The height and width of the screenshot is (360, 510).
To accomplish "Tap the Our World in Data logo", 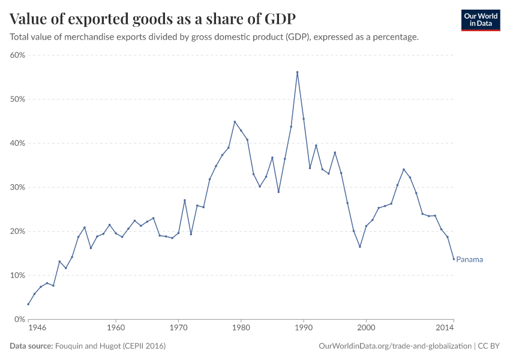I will coord(481,20).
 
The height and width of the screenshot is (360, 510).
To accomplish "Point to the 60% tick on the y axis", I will coord(17,55).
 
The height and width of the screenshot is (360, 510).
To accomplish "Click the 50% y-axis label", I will coord(17,99).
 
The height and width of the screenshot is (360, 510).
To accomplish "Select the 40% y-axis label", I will coord(17,143).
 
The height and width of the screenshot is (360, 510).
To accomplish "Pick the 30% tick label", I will coord(17,187).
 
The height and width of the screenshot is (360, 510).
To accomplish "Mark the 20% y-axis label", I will coord(17,232).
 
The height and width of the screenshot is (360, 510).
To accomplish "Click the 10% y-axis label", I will coord(17,275).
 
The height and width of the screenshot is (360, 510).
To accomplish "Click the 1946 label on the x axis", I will coord(37,328).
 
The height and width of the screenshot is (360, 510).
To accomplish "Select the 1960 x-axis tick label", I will coord(115,328).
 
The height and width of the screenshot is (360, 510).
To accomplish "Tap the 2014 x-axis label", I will coord(445,328).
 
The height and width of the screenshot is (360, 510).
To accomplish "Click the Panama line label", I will coord(469,260).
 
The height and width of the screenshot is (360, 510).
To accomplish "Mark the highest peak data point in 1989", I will coord(297,72).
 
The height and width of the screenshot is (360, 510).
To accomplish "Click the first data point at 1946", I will coord(28,304).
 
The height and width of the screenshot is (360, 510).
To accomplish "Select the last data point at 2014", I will coord(454,259).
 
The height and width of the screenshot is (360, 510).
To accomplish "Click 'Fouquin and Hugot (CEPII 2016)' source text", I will coord(110,346).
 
